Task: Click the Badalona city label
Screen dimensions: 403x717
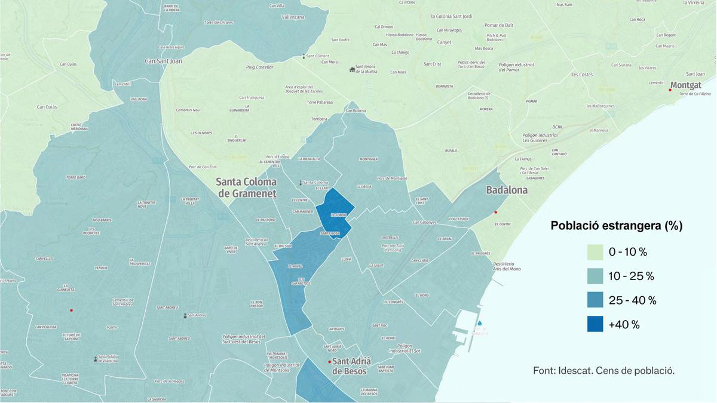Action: (x=507, y=190)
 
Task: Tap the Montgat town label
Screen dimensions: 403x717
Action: (x=686, y=85)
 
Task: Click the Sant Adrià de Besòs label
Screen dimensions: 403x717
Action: (x=351, y=366)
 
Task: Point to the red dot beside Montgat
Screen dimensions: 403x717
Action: (x=670, y=90)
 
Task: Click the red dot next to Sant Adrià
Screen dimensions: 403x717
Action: (x=329, y=362)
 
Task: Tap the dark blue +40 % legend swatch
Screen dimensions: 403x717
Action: (x=595, y=324)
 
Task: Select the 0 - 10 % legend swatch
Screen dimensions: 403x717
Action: (x=595, y=252)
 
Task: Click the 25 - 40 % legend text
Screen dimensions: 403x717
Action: (x=633, y=300)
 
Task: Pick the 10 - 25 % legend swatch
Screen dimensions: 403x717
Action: (x=595, y=276)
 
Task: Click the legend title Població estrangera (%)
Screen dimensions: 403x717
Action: (x=616, y=226)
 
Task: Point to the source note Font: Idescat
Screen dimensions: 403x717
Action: (x=603, y=370)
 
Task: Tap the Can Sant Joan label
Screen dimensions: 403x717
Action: (x=164, y=61)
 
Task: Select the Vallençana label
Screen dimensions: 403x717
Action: (x=293, y=17)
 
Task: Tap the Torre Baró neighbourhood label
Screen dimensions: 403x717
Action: (x=76, y=177)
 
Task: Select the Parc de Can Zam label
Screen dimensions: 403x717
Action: (x=202, y=167)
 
